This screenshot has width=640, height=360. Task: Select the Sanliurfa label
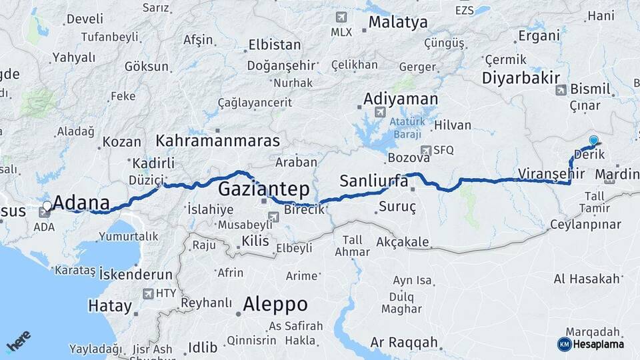click(373, 181)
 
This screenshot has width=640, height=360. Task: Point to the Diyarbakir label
click(521, 77)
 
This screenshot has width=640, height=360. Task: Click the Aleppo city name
click(275, 305)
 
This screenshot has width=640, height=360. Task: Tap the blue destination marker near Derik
click(593, 141)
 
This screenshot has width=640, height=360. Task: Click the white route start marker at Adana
click(47, 205)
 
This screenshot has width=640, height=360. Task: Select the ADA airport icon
click(45, 213)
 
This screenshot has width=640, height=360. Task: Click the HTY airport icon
click(147, 293)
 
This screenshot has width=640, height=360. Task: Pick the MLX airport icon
click(342, 17)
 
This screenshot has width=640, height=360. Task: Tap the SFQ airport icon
click(425, 151)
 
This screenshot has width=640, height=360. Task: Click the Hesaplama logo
click(591, 344)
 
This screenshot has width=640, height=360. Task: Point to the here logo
click(18, 342)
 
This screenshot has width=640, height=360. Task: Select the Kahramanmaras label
click(217, 141)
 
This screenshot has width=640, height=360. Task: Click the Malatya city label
click(397, 22)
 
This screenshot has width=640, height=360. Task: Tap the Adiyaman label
click(400, 99)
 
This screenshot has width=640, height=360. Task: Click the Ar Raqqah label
click(404, 343)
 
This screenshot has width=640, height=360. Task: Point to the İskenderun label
click(135, 274)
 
